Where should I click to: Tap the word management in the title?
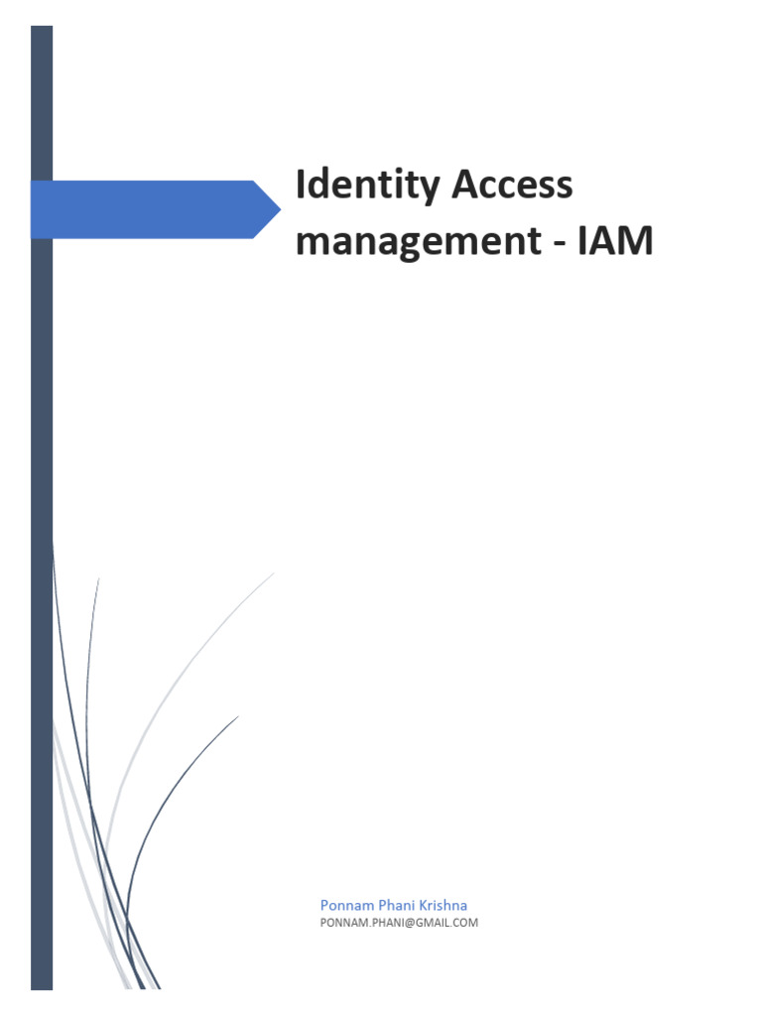click(x=410, y=241)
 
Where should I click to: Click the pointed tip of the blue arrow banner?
click(x=279, y=209)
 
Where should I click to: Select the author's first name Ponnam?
click(x=343, y=906)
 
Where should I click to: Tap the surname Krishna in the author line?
click(x=443, y=906)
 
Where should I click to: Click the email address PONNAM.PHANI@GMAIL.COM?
click(x=399, y=923)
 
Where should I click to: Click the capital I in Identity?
click(x=302, y=186)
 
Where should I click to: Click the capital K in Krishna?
click(x=423, y=906)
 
